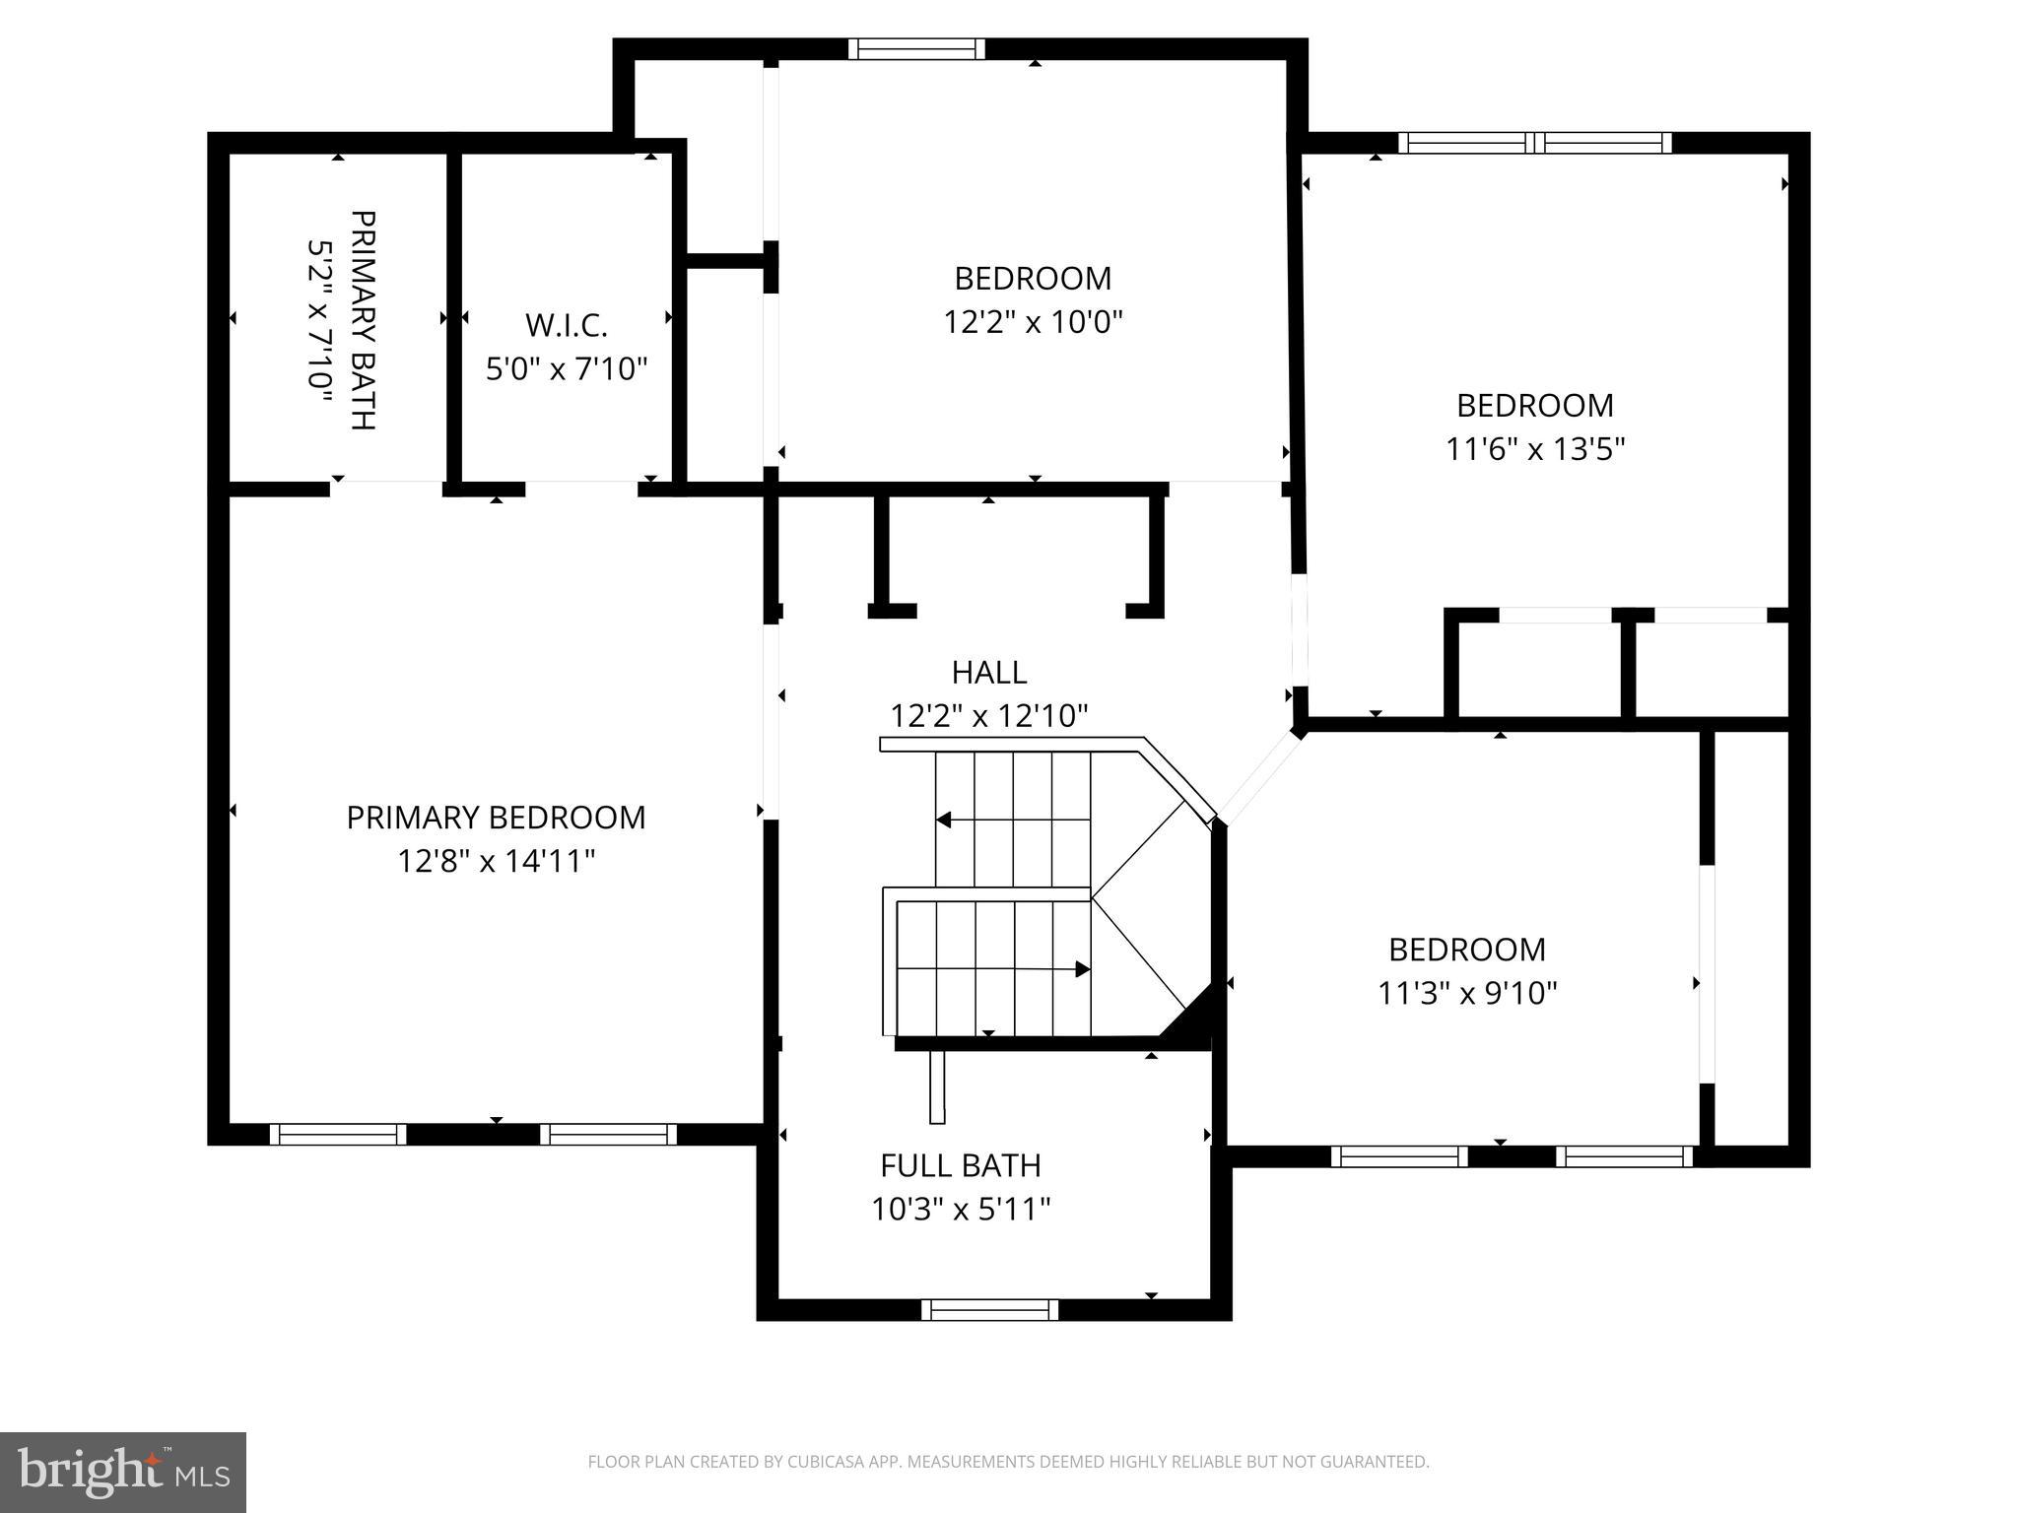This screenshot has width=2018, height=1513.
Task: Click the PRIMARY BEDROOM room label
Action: [x=496, y=818]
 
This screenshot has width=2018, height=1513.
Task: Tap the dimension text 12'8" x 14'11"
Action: [x=496, y=862]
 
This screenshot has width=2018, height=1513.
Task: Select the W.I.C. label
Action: [x=566, y=325]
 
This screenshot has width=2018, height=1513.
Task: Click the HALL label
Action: [x=988, y=673]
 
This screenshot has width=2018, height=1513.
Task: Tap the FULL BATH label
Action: [x=960, y=1165]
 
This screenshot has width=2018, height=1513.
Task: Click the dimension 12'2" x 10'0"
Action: [x=1033, y=322]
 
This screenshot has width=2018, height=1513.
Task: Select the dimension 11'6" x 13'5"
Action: [x=1534, y=449]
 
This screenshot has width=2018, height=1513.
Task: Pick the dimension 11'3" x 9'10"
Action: [x=1466, y=993]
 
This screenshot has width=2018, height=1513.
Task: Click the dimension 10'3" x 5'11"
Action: [x=960, y=1209]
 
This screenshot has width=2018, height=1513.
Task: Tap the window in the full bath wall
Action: [x=989, y=1309]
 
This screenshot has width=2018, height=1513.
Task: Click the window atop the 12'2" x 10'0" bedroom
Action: [x=916, y=49]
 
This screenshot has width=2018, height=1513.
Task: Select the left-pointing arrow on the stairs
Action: [x=944, y=820]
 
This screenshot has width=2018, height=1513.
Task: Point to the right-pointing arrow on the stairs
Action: [x=1082, y=969]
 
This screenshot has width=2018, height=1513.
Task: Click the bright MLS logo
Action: [x=123, y=1472]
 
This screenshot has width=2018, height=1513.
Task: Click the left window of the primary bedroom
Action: [x=338, y=1135]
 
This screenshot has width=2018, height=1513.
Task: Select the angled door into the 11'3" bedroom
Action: [x=1259, y=776]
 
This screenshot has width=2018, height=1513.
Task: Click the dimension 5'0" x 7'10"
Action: [x=566, y=369]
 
